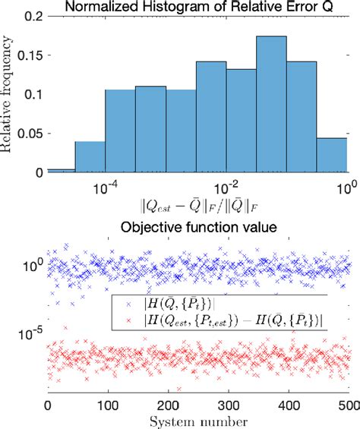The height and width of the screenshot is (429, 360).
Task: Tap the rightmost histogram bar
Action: [x=331, y=155]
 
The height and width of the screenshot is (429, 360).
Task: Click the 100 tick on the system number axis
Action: [x=107, y=405]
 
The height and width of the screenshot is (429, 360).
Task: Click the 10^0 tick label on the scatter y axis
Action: [x=32, y=267]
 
